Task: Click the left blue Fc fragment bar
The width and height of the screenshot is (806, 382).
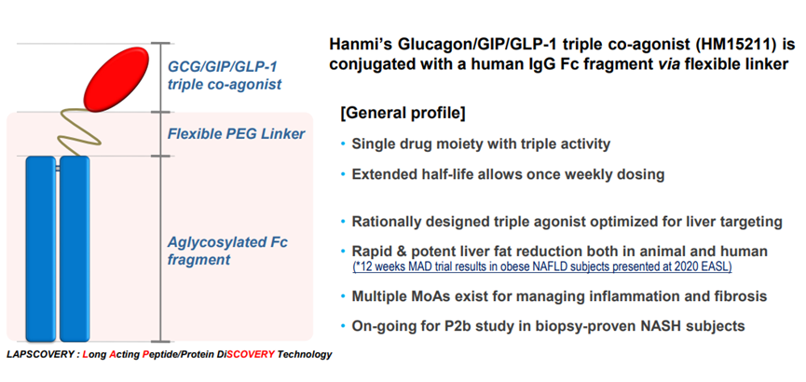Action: click(x=39, y=248)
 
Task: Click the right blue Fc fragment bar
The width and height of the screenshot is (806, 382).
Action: click(x=74, y=248)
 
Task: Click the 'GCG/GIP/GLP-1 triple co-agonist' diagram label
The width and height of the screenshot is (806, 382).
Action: click(x=224, y=75)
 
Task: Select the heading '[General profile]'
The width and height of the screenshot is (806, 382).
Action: click(x=403, y=114)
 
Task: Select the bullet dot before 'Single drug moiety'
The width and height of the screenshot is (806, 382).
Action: click(x=342, y=145)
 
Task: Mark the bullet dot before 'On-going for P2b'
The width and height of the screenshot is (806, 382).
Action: click(x=342, y=326)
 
